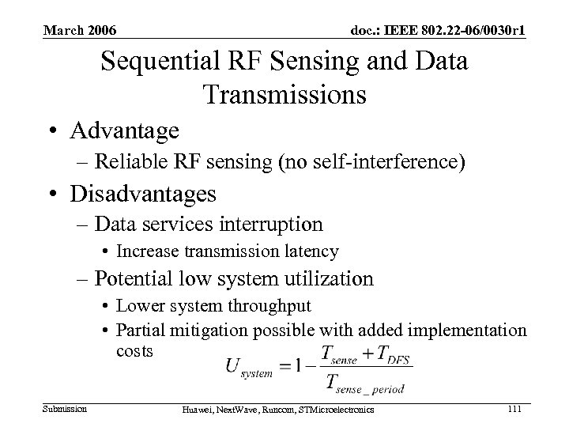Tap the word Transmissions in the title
tap(284, 94)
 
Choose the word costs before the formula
tap(134, 350)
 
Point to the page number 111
tap(514, 408)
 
